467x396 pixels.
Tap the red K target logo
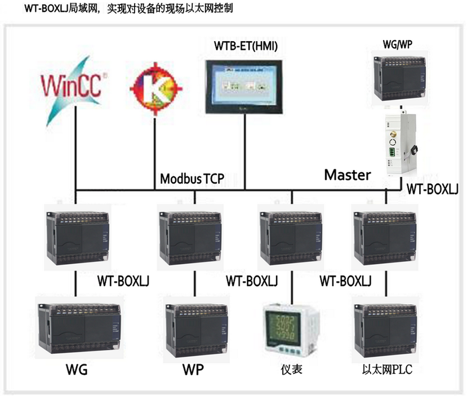[x=155, y=88]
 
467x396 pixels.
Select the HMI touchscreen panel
[x=244, y=87]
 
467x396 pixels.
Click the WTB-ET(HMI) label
[x=246, y=46]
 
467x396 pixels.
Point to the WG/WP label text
[x=398, y=45]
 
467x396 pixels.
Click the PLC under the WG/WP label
[x=400, y=78]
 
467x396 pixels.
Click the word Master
[x=348, y=175]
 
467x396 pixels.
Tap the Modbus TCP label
[x=192, y=179]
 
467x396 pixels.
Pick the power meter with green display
[x=290, y=330]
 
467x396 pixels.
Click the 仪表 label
[x=291, y=370]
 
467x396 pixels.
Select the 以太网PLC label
[x=387, y=370]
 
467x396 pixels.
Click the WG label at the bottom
[x=77, y=370]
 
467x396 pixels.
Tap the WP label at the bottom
[x=193, y=370]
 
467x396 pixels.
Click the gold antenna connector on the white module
[x=393, y=134]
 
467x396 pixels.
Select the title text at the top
[x=128, y=8]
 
